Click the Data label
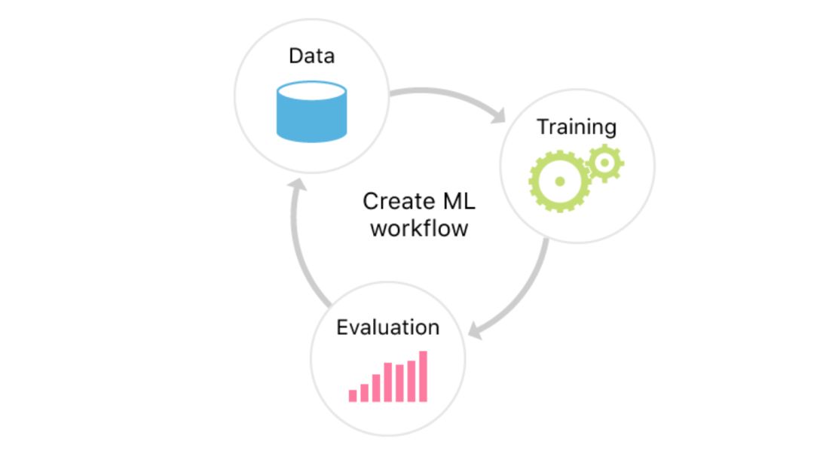(311, 56)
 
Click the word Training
(576, 126)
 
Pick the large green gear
(559, 181)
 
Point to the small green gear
(604, 163)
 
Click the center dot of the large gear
(559, 181)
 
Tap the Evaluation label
(387, 327)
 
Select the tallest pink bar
(423, 376)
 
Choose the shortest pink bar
(352, 395)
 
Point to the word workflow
(419, 227)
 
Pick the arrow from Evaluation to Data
(298, 241)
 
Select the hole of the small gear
(604, 163)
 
